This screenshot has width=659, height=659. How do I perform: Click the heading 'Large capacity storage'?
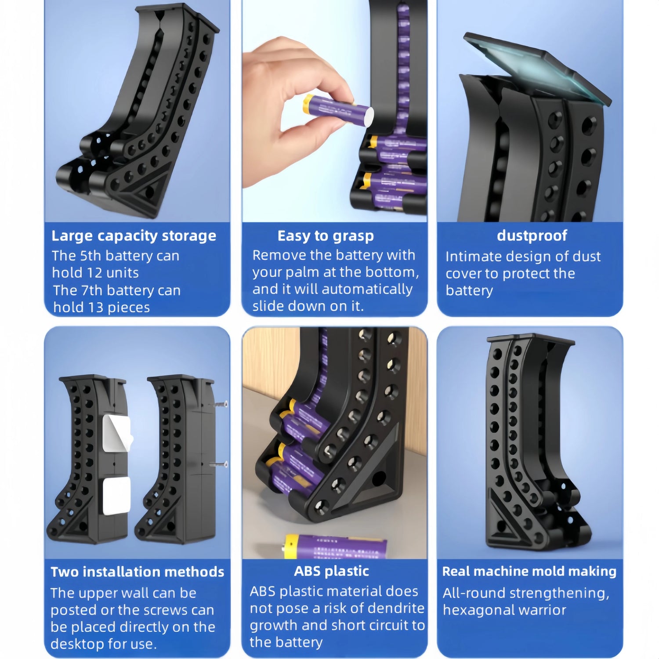pos(134,236)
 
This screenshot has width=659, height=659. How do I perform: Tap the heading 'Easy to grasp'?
pos(326,236)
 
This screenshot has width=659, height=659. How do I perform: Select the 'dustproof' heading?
pos(532,236)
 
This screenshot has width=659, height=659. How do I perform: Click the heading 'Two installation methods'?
pos(137,572)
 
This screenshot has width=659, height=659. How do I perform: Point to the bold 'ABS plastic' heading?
pos(331,571)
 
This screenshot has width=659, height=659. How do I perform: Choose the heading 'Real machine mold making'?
pos(529,571)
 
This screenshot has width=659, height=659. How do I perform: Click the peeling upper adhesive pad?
pos(116,433)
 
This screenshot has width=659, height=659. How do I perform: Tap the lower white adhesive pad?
pos(116,496)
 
